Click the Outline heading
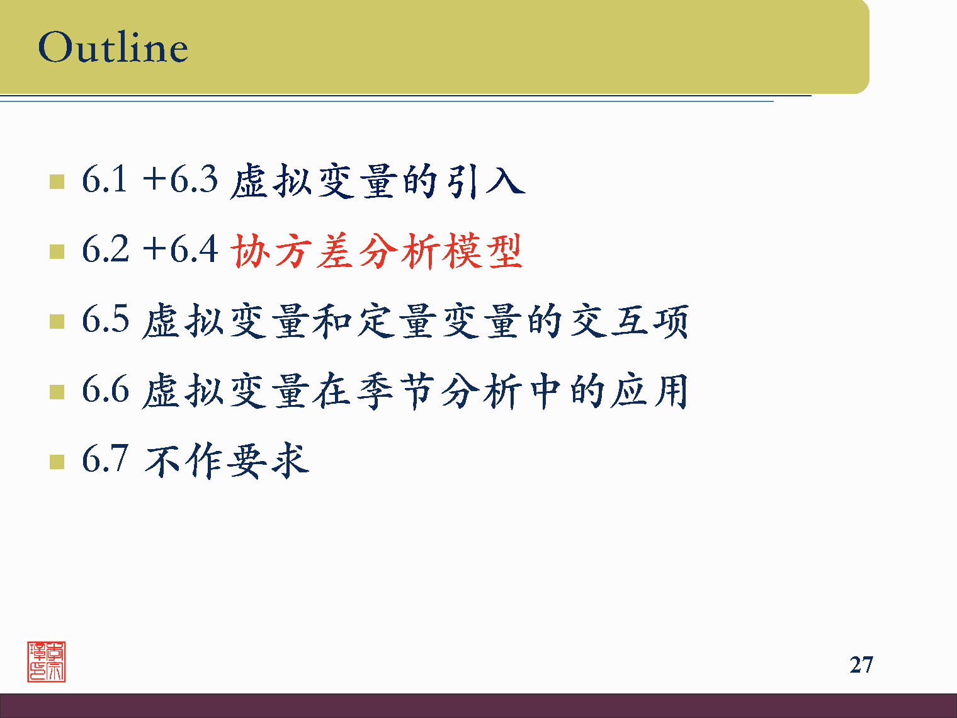pyautogui.click(x=113, y=47)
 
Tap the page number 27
pyautogui.click(x=861, y=664)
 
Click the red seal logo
pyautogui.click(x=47, y=662)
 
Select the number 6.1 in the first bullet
pyautogui.click(x=105, y=179)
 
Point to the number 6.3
pyautogui.click(x=193, y=179)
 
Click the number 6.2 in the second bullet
pyautogui.click(x=105, y=249)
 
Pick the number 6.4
pyautogui.click(x=193, y=249)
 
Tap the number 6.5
pyautogui.click(x=105, y=319)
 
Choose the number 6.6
pyautogui.click(x=105, y=389)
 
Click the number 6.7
pyautogui.click(x=105, y=459)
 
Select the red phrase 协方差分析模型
pyautogui.click(x=377, y=251)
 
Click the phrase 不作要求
pyautogui.click(x=227, y=460)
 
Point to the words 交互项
pyautogui.click(x=630, y=321)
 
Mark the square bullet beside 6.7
pyautogui.click(x=57, y=462)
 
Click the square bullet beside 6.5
pyautogui.click(x=57, y=322)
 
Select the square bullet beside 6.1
pyautogui.click(x=57, y=182)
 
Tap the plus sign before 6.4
pyautogui.click(x=154, y=249)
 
